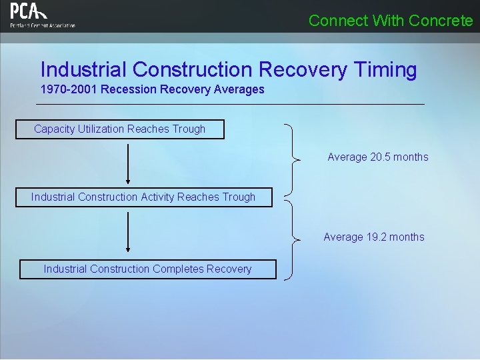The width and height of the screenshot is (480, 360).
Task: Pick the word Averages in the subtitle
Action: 239,89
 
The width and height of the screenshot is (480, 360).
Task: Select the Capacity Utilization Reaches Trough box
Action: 120,129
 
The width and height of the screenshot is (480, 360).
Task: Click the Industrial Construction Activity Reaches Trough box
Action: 143,197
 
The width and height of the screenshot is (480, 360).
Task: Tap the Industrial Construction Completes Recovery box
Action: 147,269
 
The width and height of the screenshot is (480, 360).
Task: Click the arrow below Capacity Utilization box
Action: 127,163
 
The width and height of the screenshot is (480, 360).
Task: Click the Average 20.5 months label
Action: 377,157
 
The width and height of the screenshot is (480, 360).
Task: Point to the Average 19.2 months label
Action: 373,237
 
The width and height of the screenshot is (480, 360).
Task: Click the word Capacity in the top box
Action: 54,129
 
